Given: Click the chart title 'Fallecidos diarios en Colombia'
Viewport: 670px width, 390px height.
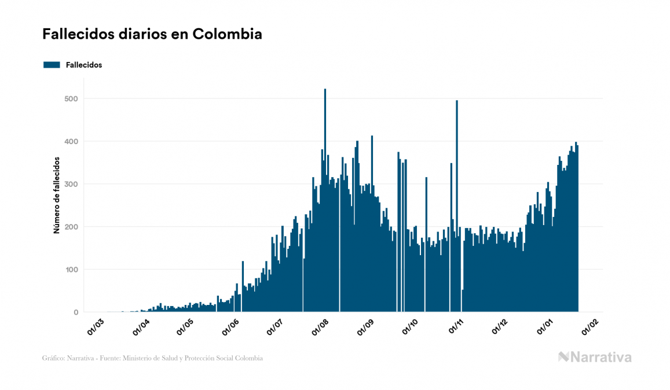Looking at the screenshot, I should [152, 34].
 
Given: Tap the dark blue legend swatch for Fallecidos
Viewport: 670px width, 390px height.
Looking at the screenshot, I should [52, 65].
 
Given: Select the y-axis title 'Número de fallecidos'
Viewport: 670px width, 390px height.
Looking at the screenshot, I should [57, 194].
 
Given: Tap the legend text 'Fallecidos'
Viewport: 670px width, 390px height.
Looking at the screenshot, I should [84, 65].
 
